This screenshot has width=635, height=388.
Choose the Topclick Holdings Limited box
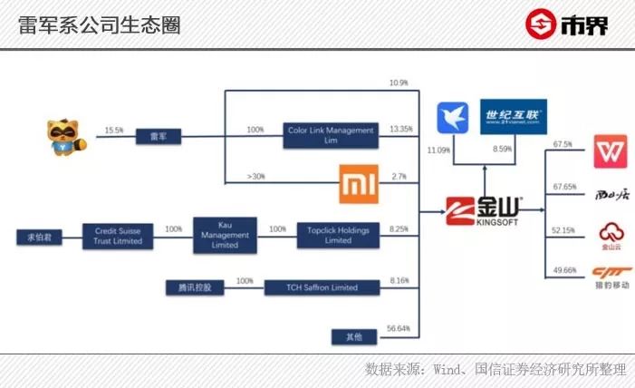click(338, 236)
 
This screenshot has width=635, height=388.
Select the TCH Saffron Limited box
click(322, 288)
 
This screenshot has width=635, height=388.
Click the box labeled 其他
click(353, 336)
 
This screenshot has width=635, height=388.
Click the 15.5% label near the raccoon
click(114, 130)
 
